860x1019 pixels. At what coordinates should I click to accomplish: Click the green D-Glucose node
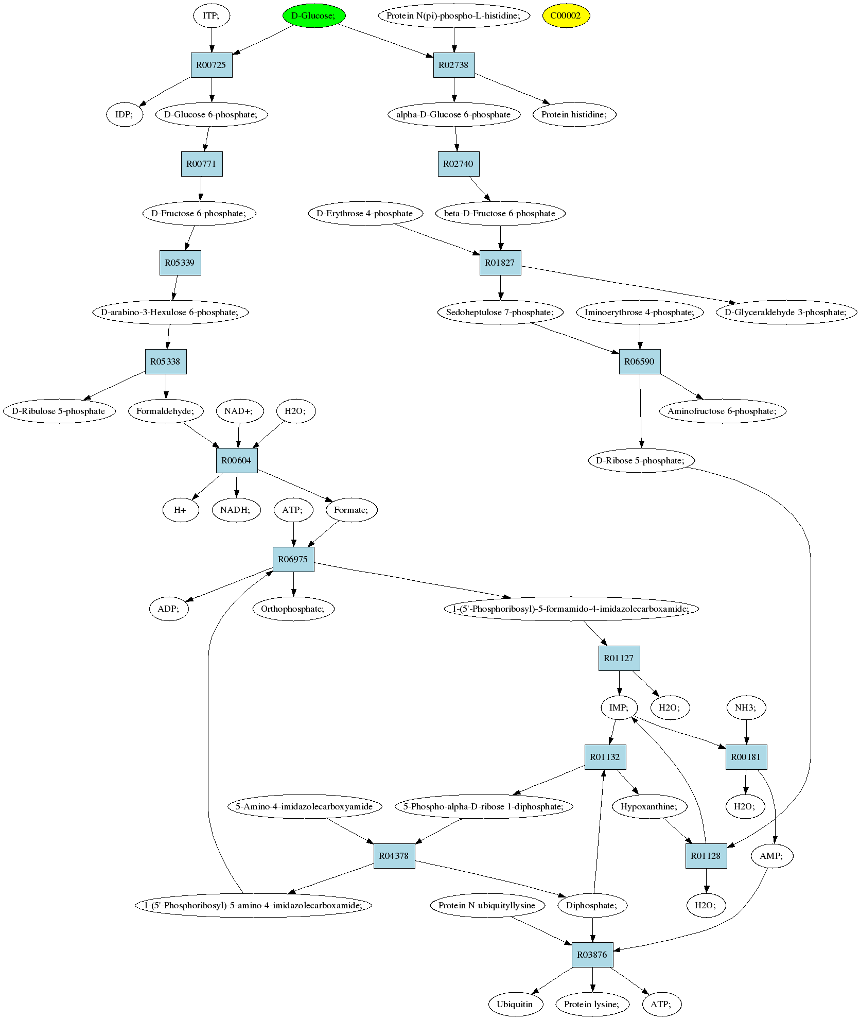coord(314,15)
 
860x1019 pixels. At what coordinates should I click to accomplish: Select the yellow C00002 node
coord(566,15)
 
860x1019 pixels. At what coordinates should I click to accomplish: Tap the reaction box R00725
coord(212,65)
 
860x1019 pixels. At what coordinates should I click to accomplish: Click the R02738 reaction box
coord(454,65)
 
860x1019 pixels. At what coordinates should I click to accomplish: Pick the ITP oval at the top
coord(212,15)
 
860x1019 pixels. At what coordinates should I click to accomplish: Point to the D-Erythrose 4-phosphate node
coord(365,213)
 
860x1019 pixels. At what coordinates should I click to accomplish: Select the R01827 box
coord(500,263)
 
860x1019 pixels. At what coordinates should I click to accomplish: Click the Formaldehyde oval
coord(166,411)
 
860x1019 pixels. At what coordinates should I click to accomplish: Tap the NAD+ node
coord(239,411)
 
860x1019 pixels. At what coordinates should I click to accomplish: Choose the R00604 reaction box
coord(237,460)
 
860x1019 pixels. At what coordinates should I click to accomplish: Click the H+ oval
coord(181,510)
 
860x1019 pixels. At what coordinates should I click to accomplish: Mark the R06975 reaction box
coord(293,559)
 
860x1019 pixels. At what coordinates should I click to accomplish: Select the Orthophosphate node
coord(293,609)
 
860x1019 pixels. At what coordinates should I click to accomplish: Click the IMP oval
coord(619,707)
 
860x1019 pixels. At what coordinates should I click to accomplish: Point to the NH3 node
coord(746,707)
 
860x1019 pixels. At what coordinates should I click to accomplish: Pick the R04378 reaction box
coord(394,856)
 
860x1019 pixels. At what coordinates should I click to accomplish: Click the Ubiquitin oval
coord(515,1004)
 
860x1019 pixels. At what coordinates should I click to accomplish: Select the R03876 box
coord(592,955)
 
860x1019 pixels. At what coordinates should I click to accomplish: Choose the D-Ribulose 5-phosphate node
coord(59,411)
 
